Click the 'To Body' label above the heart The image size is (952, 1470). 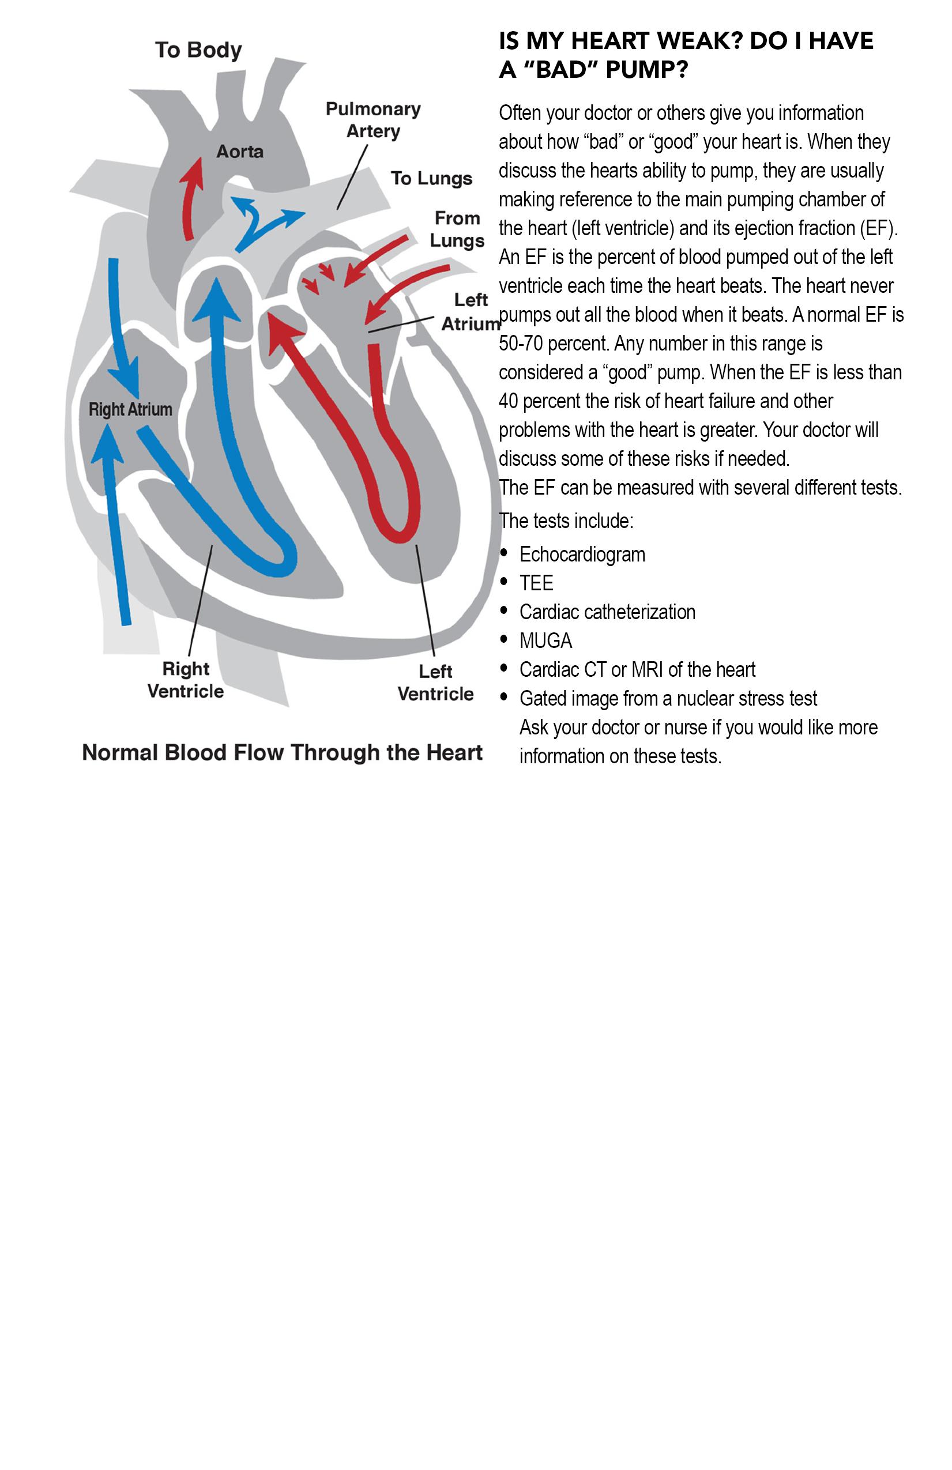click(198, 50)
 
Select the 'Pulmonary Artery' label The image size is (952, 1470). click(373, 120)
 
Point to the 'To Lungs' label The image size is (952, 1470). click(431, 179)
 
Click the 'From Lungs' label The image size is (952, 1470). click(457, 229)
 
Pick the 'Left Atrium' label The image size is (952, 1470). click(471, 312)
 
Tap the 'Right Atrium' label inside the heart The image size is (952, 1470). click(130, 409)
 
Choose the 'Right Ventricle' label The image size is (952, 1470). click(186, 680)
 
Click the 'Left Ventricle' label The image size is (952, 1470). click(435, 683)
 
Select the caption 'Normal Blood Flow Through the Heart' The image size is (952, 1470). click(283, 752)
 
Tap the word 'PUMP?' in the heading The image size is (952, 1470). click(646, 70)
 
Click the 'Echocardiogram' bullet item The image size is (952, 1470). click(582, 555)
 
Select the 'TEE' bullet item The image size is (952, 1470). click(536, 583)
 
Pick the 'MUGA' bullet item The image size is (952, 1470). click(545, 641)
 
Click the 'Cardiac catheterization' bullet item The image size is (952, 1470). click(607, 612)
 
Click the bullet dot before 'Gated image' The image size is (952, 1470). click(505, 698)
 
